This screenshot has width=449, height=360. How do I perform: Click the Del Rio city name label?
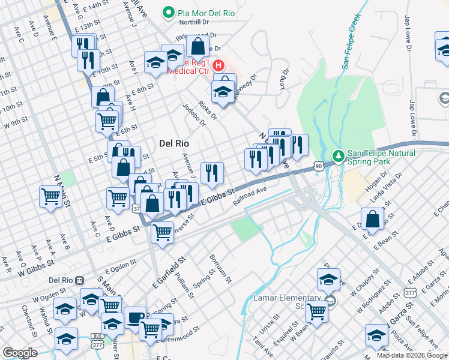tap(174, 144)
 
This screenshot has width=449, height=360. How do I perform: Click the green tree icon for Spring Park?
tap(338, 155)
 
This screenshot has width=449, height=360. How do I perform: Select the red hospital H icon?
tap(219, 65)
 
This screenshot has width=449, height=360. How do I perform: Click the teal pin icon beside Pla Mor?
tap(169, 12)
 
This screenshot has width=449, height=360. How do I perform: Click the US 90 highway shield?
tap(318, 164)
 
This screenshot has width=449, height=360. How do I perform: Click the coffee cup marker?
tap(134, 317)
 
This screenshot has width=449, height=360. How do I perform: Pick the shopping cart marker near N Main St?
tap(50, 196)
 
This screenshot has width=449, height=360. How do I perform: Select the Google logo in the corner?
tap(19, 352)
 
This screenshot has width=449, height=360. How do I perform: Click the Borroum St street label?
tap(220, 268)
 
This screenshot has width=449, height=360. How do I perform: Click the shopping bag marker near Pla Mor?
tap(197, 45)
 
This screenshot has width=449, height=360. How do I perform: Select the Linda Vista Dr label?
tap(386, 187)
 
